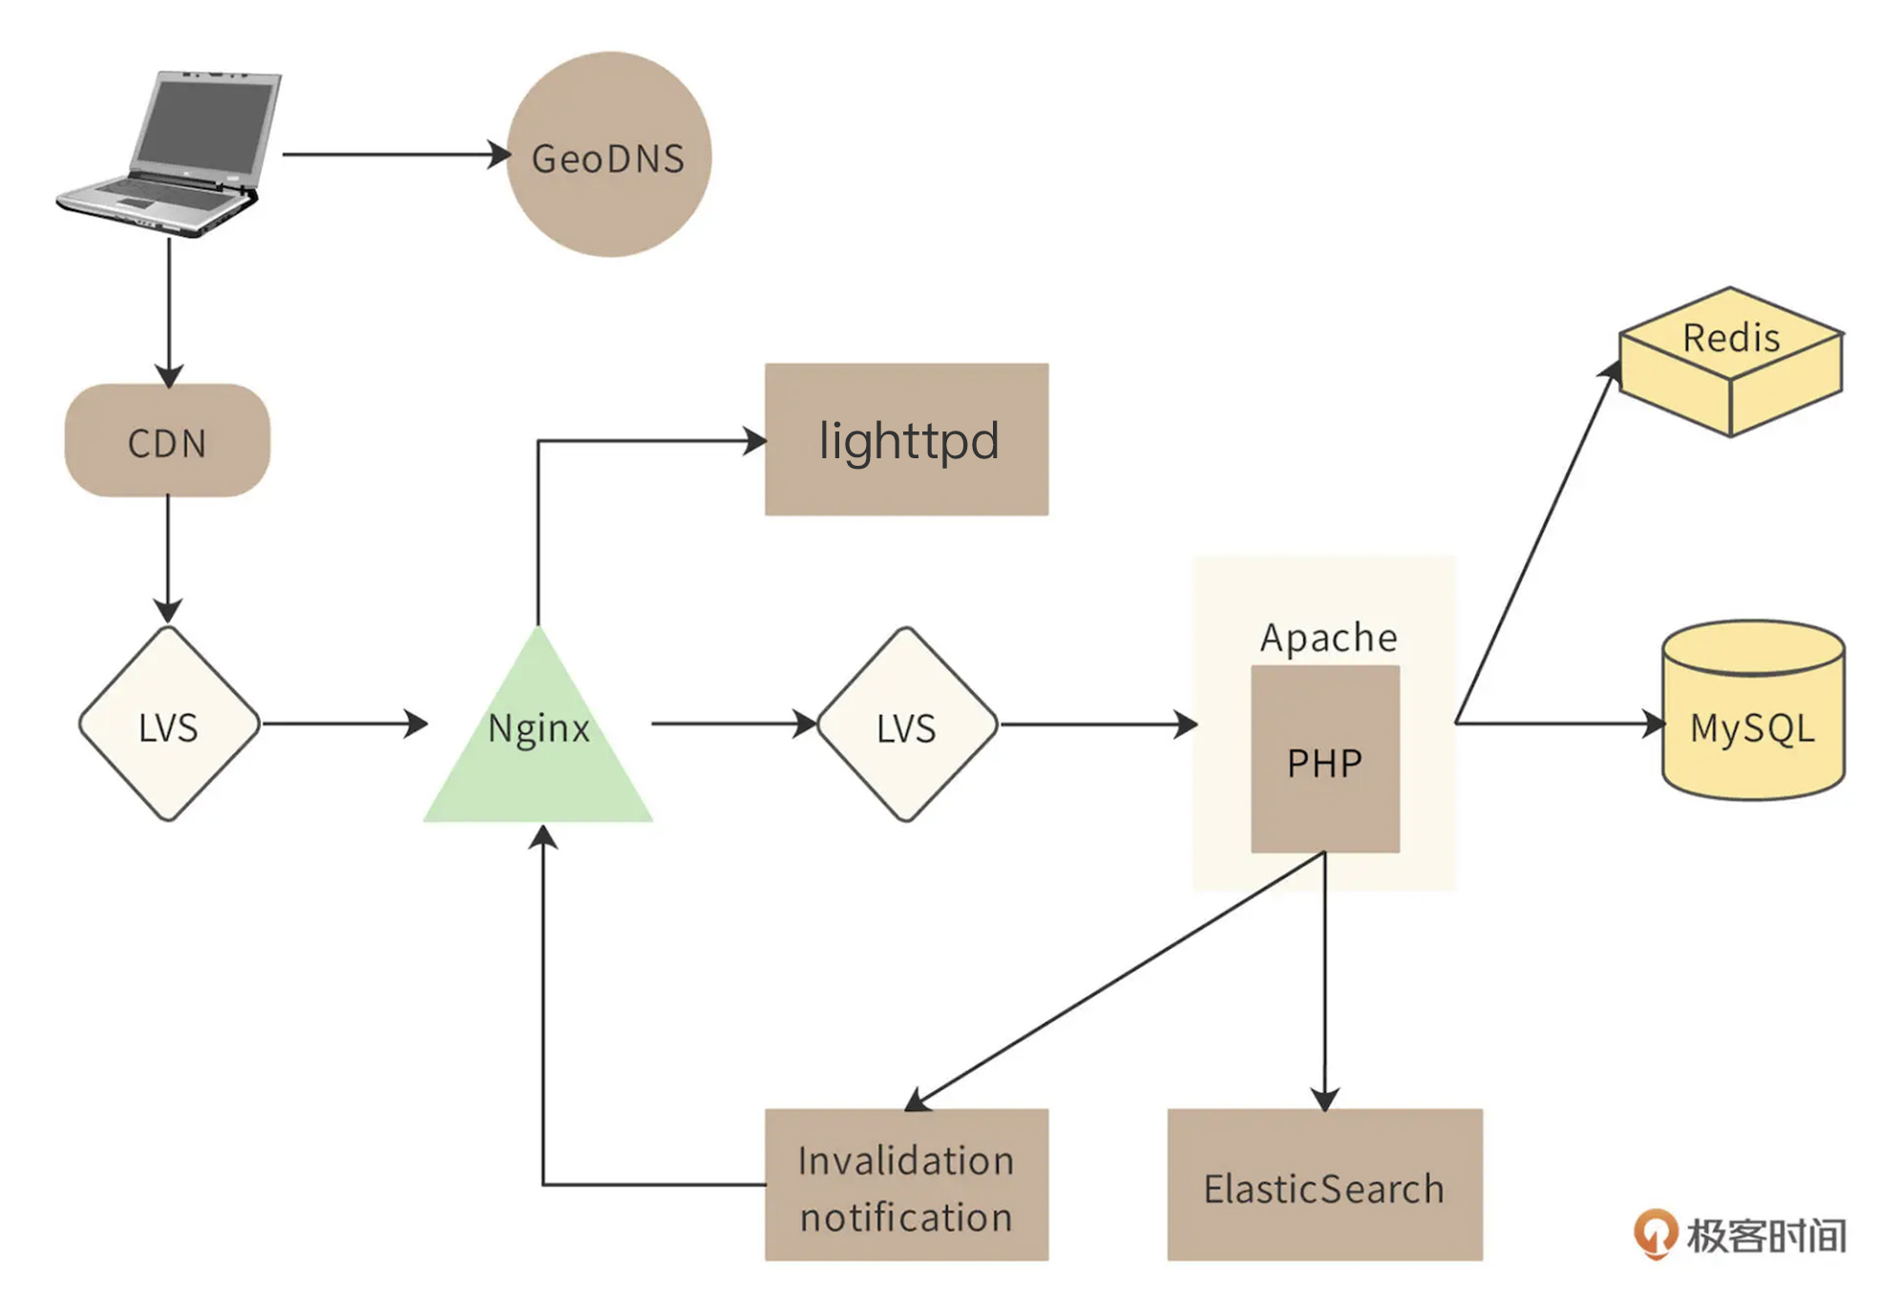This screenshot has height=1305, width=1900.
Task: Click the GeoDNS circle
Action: pos(608,155)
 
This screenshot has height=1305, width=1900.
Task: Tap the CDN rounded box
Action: pos(167,441)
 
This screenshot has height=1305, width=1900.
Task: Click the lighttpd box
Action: pos(906,440)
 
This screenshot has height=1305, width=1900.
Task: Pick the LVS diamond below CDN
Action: pos(169,725)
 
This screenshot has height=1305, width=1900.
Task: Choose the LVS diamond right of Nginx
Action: pos(907,725)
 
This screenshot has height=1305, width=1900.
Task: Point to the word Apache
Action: pos(1328,638)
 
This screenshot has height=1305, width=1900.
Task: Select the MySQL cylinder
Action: pos(1753,711)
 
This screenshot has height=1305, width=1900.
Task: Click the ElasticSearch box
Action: pos(1324,1185)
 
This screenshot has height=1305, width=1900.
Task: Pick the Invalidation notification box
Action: pos(906,1185)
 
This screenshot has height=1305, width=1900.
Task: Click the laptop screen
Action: pos(205,122)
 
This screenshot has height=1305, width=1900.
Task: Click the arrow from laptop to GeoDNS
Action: pos(391,154)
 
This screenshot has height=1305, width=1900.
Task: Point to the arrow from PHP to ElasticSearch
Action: pos(1324,983)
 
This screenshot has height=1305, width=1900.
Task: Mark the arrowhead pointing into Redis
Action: pos(1612,370)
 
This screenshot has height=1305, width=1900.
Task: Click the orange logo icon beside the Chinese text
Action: pos(1655,1232)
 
